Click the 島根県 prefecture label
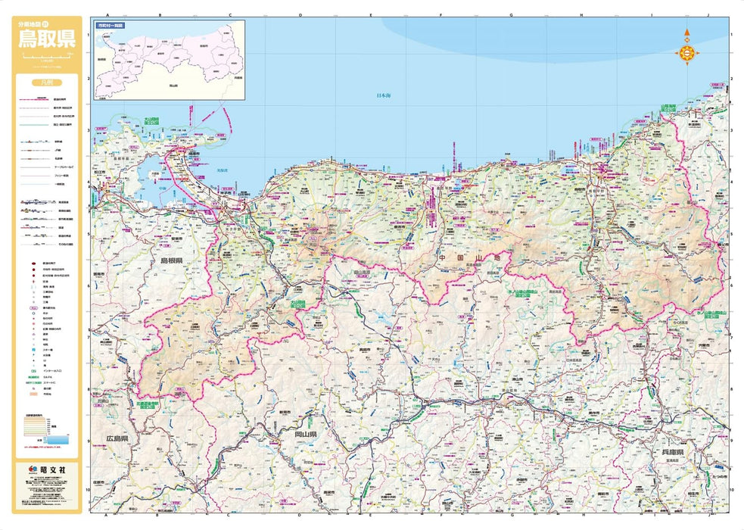click(x=172, y=260)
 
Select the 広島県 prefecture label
click(x=117, y=438)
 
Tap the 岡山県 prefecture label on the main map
click(x=305, y=435)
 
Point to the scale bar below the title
click(x=47, y=57)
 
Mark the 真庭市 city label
click(x=363, y=350)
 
